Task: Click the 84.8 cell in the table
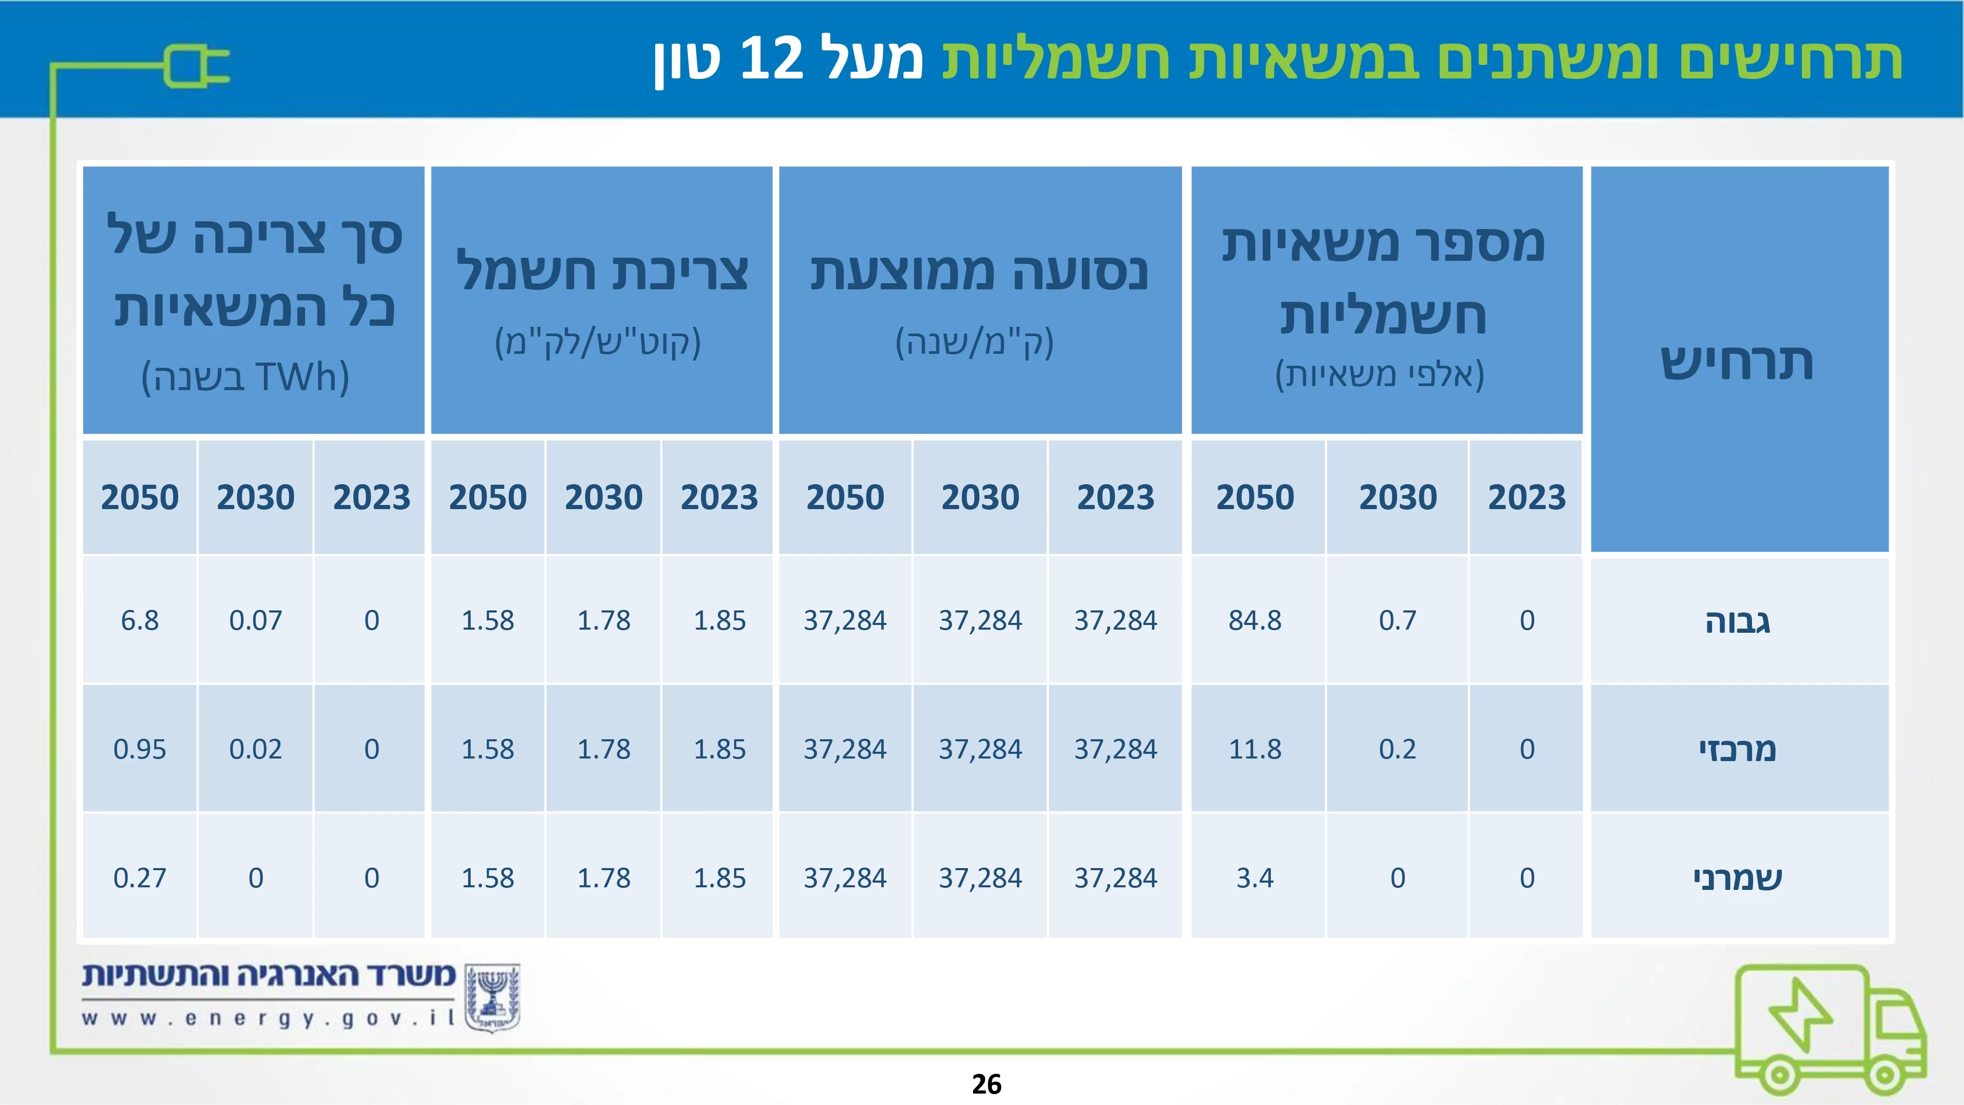click(1255, 620)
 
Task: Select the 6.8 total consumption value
click(140, 620)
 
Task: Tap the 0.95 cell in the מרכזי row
click(140, 749)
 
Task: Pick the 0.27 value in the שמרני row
click(140, 878)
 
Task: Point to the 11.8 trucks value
click(1255, 749)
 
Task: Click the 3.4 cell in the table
click(1255, 878)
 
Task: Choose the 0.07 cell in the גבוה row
click(256, 620)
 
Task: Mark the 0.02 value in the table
click(256, 749)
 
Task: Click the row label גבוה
click(1737, 622)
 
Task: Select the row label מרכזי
click(1737, 750)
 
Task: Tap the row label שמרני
click(1737, 878)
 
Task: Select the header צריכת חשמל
click(602, 271)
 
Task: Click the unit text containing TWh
click(245, 377)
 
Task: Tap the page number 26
click(987, 1084)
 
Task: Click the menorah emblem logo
click(493, 997)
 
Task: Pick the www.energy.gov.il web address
click(269, 1018)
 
